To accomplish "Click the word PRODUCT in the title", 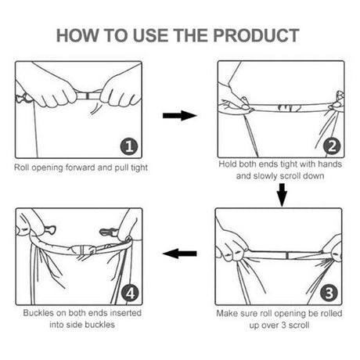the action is point(256,35).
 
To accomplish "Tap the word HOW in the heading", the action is point(77,35).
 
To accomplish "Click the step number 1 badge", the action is point(129,146).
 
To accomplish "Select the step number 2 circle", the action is point(332,146).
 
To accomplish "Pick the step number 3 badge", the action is point(329,293).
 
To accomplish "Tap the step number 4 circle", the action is point(130,293).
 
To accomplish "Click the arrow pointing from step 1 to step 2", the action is point(180,116).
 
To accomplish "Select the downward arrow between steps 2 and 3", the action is point(282,195).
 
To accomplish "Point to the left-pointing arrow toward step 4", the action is point(179,254).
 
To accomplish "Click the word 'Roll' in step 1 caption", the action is point(21,167).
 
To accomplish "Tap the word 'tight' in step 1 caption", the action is point(139,167).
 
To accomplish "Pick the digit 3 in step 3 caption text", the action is point(284,326).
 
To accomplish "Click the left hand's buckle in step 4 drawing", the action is point(49,230).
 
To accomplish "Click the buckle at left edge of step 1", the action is point(23,98).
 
